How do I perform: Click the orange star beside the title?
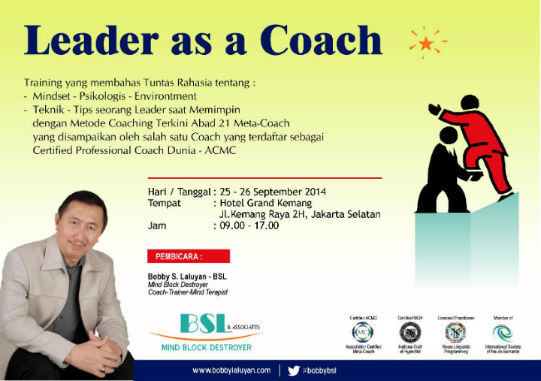[x=426, y=42]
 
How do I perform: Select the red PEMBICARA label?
[x=177, y=256]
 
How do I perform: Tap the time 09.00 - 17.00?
[x=249, y=225]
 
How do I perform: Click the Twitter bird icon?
[x=294, y=370]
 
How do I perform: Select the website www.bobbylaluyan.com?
[x=231, y=370]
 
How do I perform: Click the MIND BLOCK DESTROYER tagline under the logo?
[x=203, y=348]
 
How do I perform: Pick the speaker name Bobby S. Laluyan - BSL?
[x=187, y=276]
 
